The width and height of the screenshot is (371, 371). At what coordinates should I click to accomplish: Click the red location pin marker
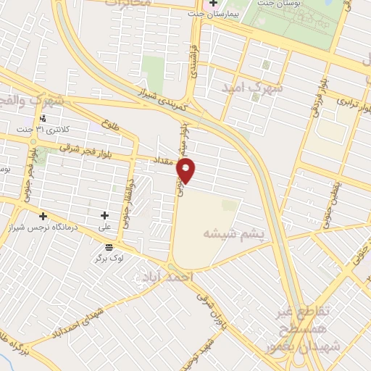coord(187,171)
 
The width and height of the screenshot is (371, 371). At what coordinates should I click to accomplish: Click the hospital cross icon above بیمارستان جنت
coord(214,4)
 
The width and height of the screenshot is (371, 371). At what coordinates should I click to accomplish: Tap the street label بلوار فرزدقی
coord(316,100)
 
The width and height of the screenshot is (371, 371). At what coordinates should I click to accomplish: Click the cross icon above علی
coord(105,215)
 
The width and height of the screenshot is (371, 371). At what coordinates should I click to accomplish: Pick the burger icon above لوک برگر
coord(109,247)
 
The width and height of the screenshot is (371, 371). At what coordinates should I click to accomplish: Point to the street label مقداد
coord(164,160)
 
